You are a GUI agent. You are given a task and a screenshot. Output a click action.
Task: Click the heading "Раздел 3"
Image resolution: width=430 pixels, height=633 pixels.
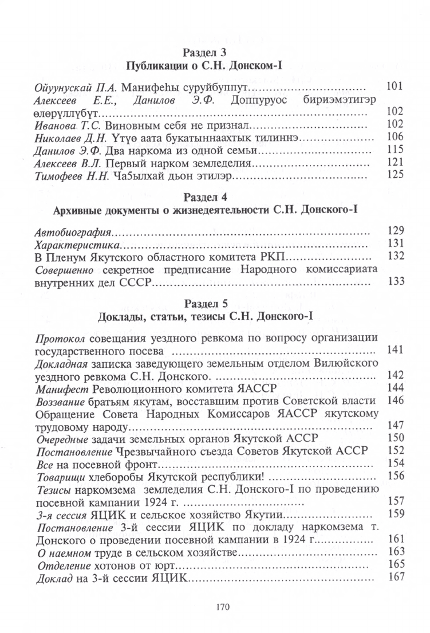click(x=215, y=52)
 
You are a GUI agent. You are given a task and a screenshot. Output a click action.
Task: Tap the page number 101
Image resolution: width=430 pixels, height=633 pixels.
click(x=396, y=87)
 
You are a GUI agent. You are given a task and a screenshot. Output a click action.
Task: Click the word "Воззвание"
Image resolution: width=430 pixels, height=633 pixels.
click(x=60, y=400)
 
